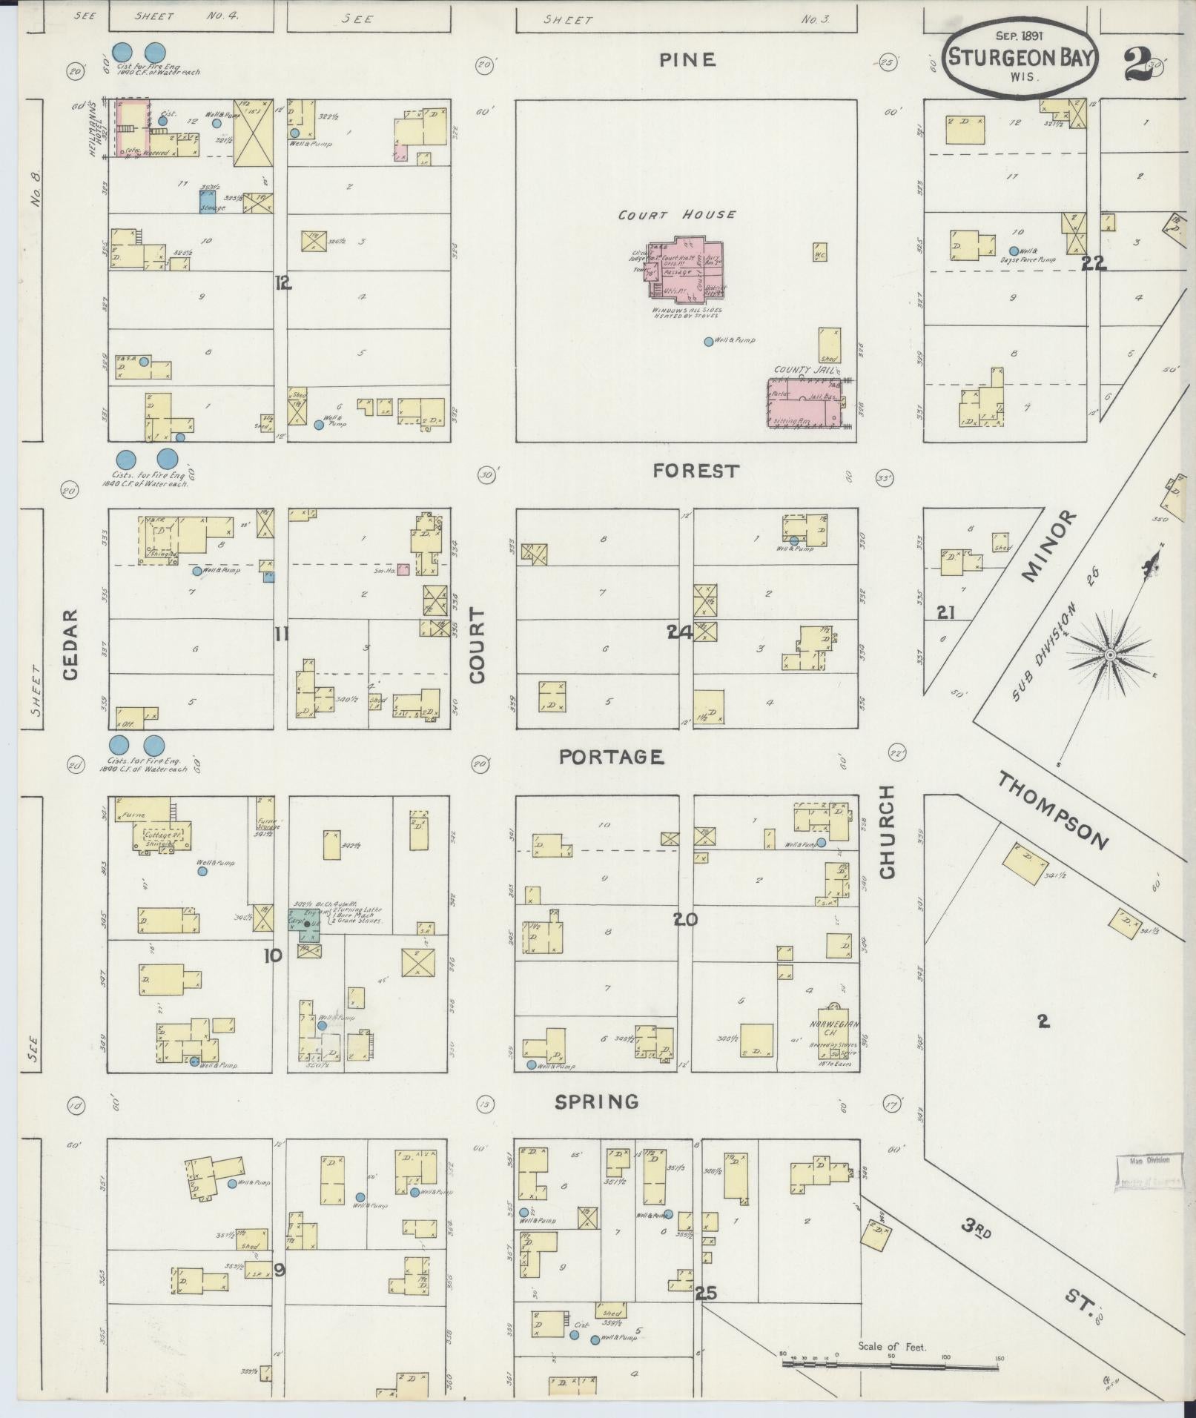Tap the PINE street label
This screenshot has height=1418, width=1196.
pyautogui.click(x=687, y=59)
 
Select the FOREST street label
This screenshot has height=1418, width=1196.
pyautogui.click(x=696, y=471)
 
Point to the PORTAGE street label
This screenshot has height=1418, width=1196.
pyautogui.click(x=611, y=757)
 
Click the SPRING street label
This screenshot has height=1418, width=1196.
pyautogui.click(x=597, y=1101)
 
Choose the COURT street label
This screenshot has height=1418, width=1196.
pyautogui.click(x=477, y=646)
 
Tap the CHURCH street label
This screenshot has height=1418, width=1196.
pyautogui.click(x=888, y=832)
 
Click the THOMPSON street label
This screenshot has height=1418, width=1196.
pyautogui.click(x=1052, y=811)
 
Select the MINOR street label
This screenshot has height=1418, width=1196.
pyautogui.click(x=1048, y=546)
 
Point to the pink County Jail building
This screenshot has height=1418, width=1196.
pyautogui.click(x=806, y=404)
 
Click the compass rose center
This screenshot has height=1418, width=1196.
pyautogui.click(x=1110, y=655)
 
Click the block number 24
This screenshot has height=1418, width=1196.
pyautogui.click(x=679, y=632)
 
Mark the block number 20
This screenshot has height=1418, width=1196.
pyautogui.click(x=685, y=919)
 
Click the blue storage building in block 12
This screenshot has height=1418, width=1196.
pyautogui.click(x=208, y=202)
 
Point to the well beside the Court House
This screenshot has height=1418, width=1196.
pyautogui.click(x=708, y=342)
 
